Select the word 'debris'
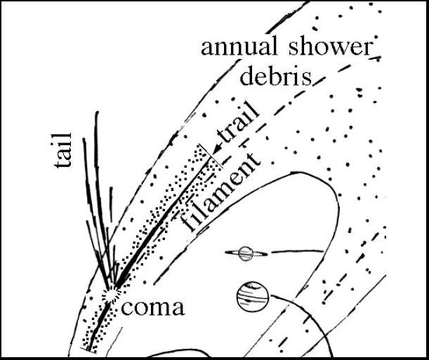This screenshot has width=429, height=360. click(x=276, y=75)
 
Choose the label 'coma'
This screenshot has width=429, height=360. click(x=152, y=307)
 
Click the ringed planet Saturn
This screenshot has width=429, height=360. click(x=246, y=253)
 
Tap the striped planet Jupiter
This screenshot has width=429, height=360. click(x=253, y=297)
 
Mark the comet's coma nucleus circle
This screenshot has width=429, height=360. click(x=110, y=295)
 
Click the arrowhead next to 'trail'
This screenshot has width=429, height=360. click(x=216, y=149)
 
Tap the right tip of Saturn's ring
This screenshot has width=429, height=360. click(x=268, y=254)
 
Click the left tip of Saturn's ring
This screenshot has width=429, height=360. click(x=225, y=253)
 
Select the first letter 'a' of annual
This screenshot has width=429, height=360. click(x=207, y=49)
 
